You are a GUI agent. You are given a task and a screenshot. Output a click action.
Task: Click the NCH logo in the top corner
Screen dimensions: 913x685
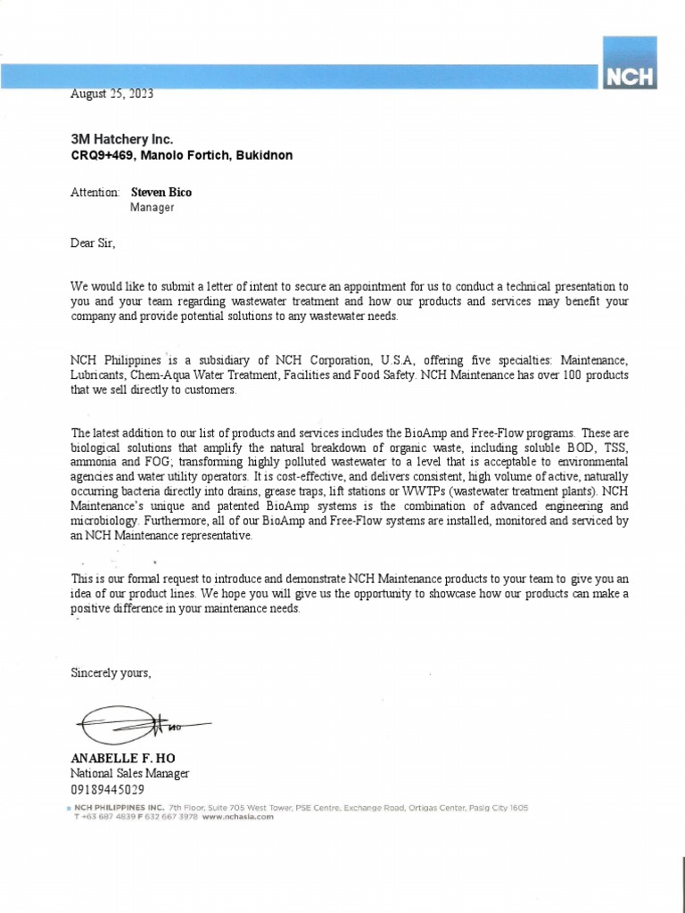(630, 64)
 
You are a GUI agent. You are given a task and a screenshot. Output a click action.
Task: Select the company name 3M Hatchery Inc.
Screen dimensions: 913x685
(122, 139)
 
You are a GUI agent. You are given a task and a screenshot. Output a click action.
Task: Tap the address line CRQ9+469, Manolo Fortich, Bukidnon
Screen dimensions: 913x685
(181, 155)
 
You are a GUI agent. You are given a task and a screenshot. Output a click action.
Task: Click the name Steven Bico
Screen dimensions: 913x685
(161, 192)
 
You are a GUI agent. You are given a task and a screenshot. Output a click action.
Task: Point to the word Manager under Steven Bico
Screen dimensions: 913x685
(153, 208)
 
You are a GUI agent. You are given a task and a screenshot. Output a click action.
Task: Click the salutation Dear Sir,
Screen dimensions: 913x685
(94, 242)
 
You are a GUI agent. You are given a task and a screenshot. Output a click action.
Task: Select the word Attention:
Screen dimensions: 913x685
(95, 192)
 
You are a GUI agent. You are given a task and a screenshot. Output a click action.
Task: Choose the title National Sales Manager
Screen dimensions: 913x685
(130, 774)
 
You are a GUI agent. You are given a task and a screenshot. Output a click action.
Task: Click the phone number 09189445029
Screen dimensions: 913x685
(108, 790)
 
